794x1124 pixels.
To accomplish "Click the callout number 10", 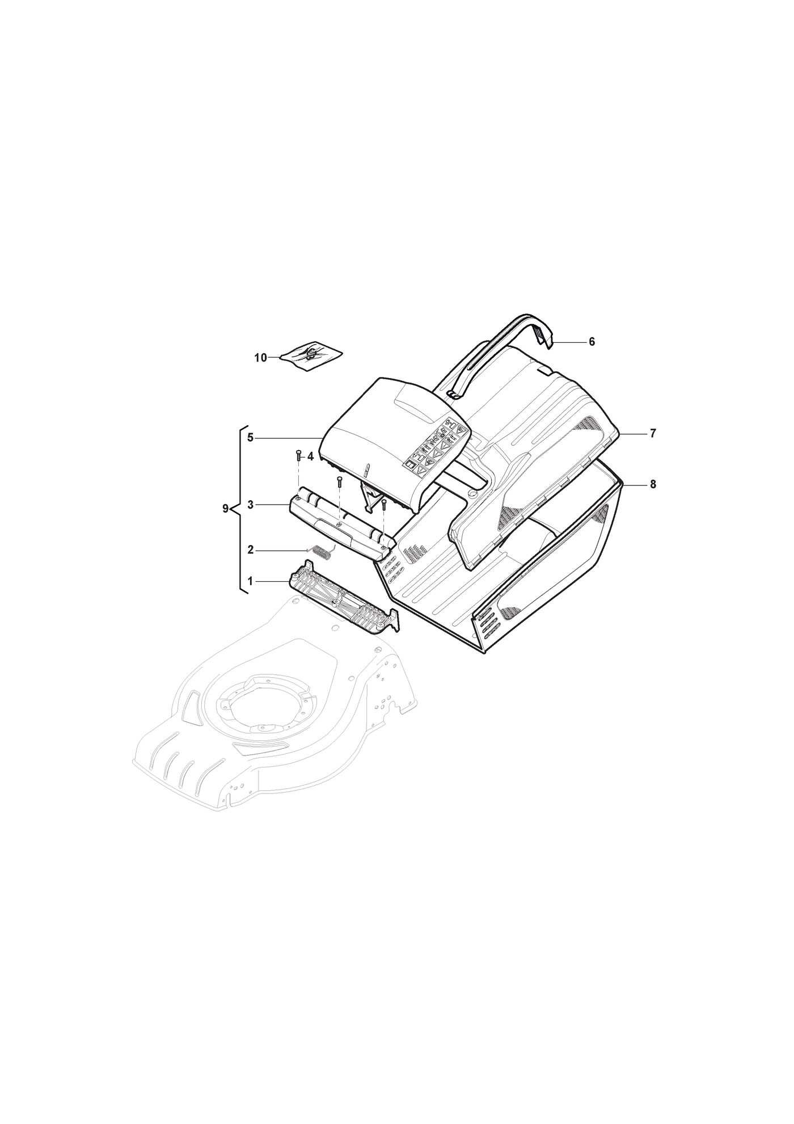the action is tap(260, 358).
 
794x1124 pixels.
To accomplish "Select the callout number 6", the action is tap(592, 342).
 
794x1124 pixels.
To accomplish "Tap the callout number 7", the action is tap(653, 434).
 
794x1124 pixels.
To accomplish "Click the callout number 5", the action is tap(250, 438).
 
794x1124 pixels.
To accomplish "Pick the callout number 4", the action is tap(310, 456).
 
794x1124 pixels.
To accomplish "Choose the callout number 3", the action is tap(250, 504).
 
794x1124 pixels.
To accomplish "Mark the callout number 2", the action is tap(250, 550).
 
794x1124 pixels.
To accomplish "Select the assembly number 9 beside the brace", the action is tap(226, 509).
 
